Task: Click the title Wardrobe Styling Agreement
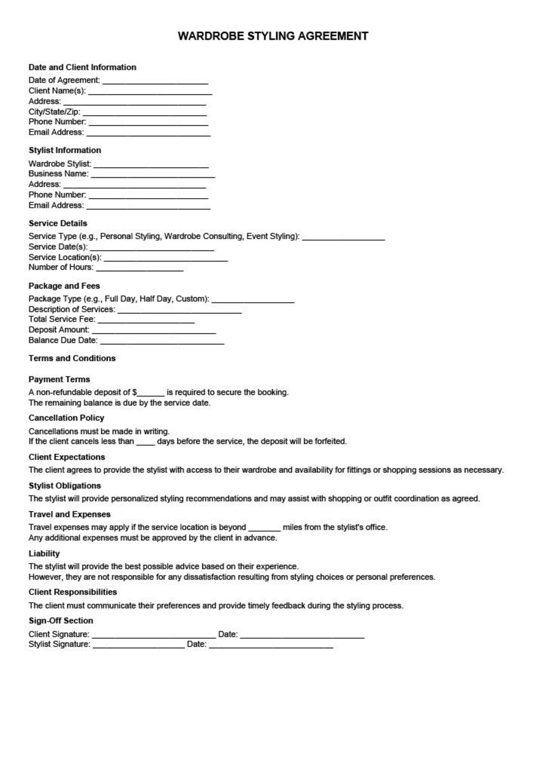pos(273,36)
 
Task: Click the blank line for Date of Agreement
pos(155,81)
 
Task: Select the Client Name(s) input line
pos(150,92)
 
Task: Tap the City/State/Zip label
pos(54,112)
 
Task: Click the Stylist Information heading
pos(65,150)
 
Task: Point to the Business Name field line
pos(153,175)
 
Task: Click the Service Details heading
pos(58,223)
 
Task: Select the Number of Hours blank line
pos(140,269)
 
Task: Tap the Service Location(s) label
pos(65,257)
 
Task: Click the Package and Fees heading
pos(64,286)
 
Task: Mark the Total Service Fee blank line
pos(146,321)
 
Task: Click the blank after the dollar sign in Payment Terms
pos(151,394)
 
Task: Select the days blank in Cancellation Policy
pos(145,443)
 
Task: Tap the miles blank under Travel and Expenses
pos(264,528)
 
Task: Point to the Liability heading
pos(44,554)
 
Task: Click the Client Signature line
pos(154,636)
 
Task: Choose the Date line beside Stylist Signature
pos(271,646)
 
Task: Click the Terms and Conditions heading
pos(72,358)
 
